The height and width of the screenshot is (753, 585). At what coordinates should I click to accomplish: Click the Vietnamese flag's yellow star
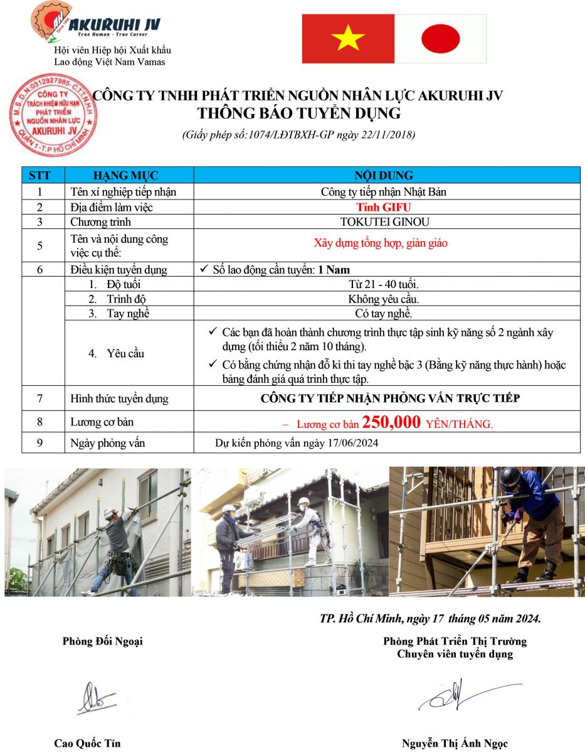pyautogui.click(x=348, y=39)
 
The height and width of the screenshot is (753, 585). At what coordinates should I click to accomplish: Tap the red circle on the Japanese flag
pyautogui.click(x=441, y=39)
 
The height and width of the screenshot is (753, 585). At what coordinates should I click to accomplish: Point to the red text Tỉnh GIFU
pyautogui.click(x=384, y=207)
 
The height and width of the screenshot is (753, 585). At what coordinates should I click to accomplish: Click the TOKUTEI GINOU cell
pyautogui.click(x=384, y=222)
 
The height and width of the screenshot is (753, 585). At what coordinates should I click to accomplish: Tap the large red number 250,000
pyautogui.click(x=391, y=424)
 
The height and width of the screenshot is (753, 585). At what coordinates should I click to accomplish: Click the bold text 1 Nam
pyautogui.click(x=334, y=270)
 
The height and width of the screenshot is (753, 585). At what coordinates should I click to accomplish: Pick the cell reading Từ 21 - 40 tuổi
pyautogui.click(x=384, y=285)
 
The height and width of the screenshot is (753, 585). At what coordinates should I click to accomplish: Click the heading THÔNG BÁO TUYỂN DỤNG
pyautogui.click(x=298, y=114)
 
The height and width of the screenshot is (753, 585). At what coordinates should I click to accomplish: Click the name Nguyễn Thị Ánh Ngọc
pyautogui.click(x=455, y=744)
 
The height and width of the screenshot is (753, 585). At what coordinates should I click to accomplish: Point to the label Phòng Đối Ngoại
pyautogui.click(x=102, y=641)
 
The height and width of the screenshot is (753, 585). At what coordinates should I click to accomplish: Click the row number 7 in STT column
pyautogui.click(x=40, y=398)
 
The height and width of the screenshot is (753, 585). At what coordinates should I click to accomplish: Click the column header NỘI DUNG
pyautogui.click(x=384, y=176)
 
